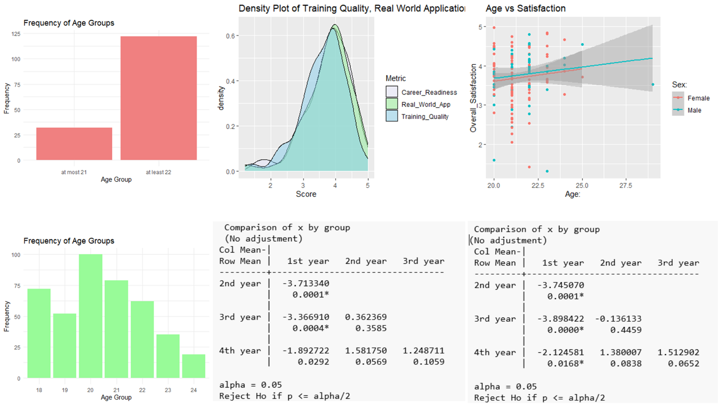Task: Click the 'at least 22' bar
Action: pyautogui.click(x=159, y=98)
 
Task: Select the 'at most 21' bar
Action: pyautogui.click(x=74, y=144)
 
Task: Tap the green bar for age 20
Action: pyautogui.click(x=90, y=316)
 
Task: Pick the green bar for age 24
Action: pyautogui.click(x=194, y=366)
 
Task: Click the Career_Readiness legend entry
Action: pyautogui.click(x=421, y=92)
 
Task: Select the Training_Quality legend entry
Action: pyautogui.click(x=417, y=116)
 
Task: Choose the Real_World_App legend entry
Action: pyautogui.click(x=418, y=104)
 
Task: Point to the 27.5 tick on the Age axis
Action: pyautogui.click(x=626, y=186)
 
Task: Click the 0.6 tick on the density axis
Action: pyautogui.click(x=230, y=36)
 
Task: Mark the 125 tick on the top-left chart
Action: pyautogui.click(x=16, y=34)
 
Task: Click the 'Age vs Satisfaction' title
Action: pyautogui.click(x=525, y=8)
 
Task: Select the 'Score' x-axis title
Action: pyautogui.click(x=306, y=194)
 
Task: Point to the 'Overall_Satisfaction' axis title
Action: pyautogui.click(x=473, y=98)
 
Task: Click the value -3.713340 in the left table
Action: pyautogui.click(x=306, y=284)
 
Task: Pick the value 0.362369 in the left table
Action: pyautogui.click(x=366, y=317)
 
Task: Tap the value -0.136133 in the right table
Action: pyautogui.click(x=618, y=319)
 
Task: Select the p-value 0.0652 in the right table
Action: pyautogui.click(x=684, y=364)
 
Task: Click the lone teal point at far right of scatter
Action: pyautogui.click(x=653, y=85)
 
